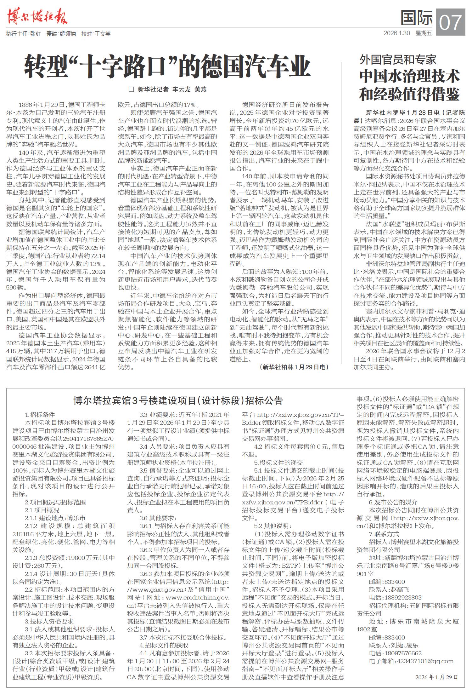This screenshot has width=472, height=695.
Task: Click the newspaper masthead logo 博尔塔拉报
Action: click(37, 16)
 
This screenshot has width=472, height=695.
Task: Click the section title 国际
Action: click(416, 18)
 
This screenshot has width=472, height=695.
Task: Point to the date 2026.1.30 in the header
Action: click(396, 33)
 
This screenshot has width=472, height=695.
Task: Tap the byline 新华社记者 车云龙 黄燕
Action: click(172, 89)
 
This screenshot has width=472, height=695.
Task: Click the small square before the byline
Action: click(132, 89)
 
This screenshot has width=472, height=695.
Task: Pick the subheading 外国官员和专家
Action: click(398, 59)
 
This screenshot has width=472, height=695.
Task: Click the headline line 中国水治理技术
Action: click(409, 76)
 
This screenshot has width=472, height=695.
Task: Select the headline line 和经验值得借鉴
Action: click(409, 94)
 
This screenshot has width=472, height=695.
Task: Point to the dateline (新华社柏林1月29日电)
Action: click(294, 367)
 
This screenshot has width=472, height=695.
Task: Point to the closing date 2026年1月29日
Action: click(436, 677)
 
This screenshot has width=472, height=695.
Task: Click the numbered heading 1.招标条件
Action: click(40, 415)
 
